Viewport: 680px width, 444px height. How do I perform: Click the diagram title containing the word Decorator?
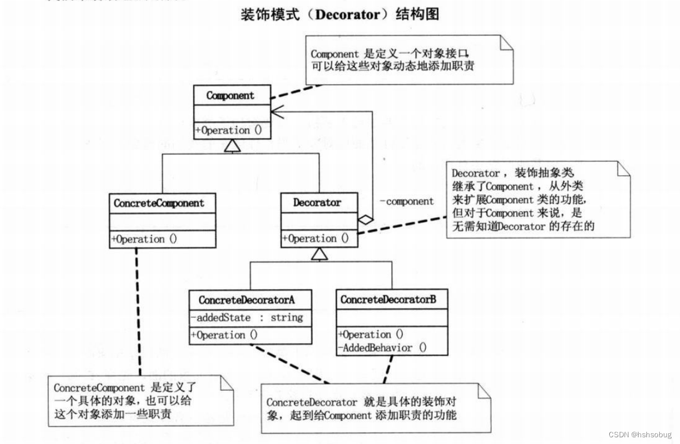click(339, 15)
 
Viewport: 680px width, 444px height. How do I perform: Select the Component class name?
click(230, 95)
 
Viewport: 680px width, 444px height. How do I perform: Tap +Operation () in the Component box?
click(229, 130)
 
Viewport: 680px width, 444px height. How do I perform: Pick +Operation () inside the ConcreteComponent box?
click(144, 239)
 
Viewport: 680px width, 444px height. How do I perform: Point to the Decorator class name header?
click(318, 203)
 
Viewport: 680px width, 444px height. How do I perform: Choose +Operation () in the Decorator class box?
click(315, 239)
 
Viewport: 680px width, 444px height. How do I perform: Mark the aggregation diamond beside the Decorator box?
click(365, 220)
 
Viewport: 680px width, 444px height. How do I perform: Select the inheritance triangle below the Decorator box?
click(319, 255)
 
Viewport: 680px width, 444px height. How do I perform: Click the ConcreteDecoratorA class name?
click(251, 300)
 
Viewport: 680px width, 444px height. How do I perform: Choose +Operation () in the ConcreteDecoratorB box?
click(371, 335)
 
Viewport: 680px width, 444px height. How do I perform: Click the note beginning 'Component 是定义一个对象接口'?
click(410, 59)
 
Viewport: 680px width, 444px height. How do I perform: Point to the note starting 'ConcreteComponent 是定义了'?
click(140, 401)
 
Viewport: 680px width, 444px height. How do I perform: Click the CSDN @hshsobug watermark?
click(639, 434)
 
